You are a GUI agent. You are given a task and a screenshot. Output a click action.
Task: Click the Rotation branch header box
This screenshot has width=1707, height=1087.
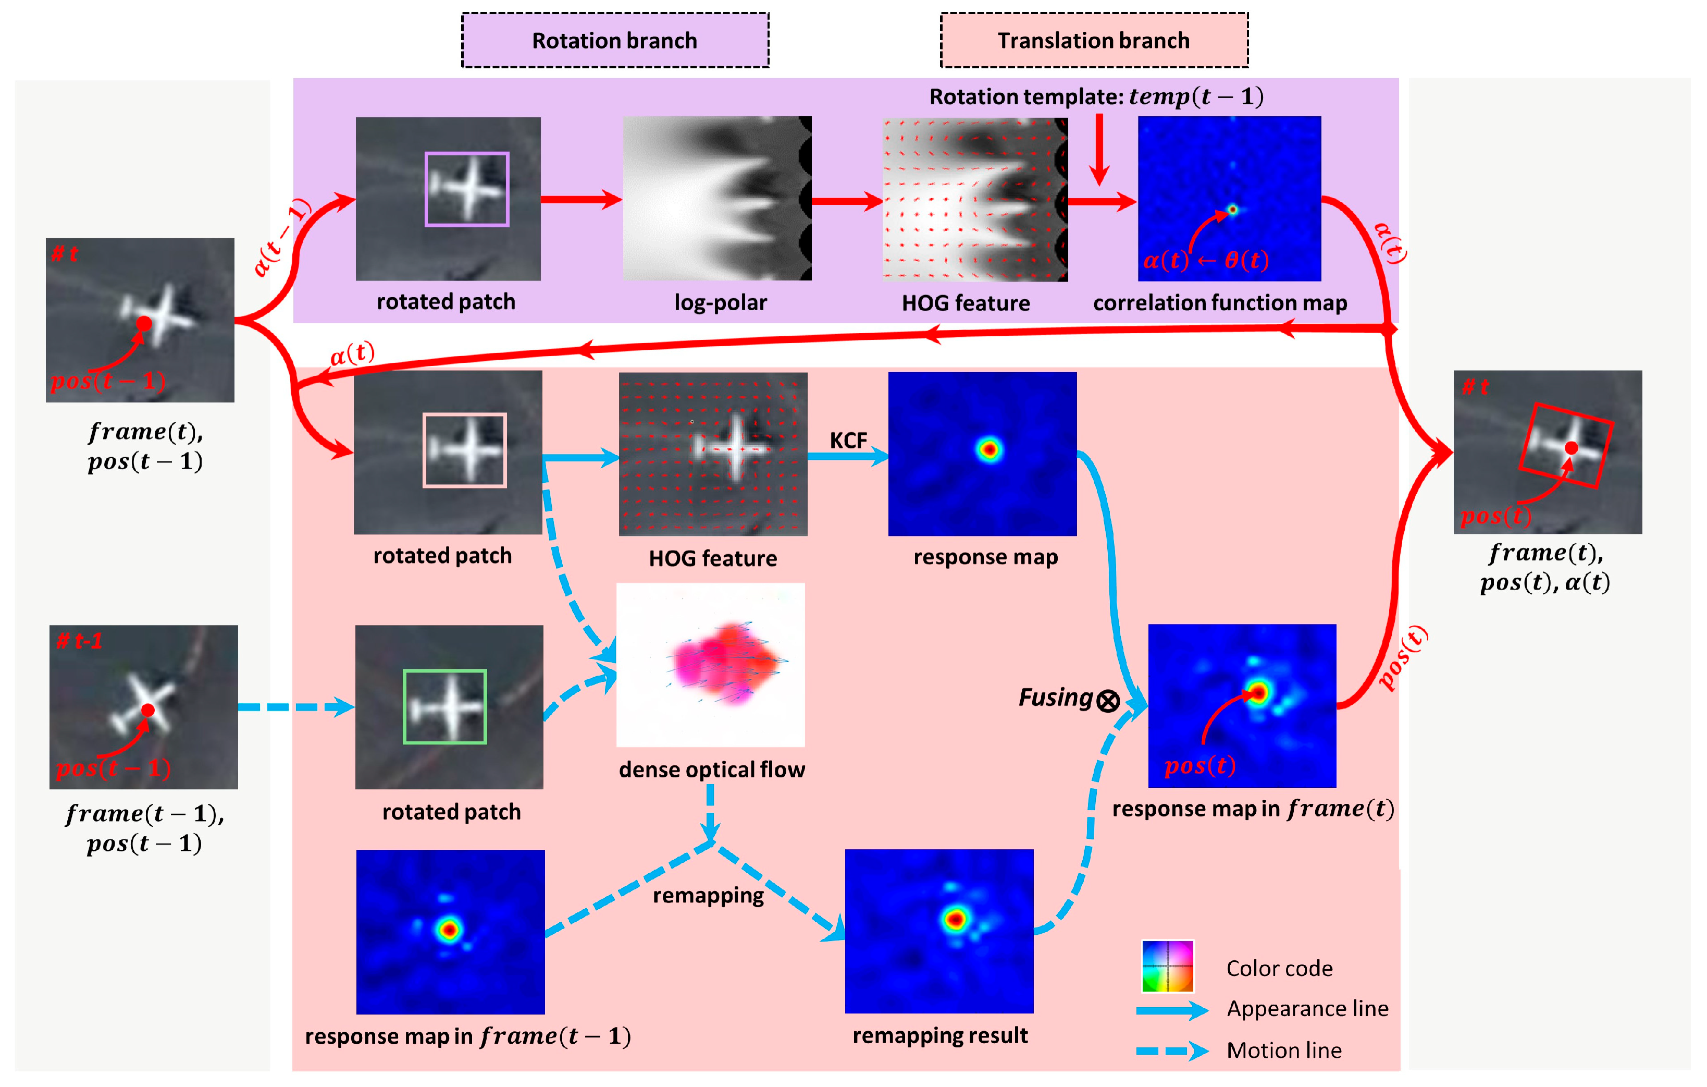(615, 41)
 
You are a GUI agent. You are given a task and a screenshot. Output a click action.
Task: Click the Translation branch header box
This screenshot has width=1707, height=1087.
(1094, 41)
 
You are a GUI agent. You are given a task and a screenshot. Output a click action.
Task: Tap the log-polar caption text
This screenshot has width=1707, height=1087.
(720, 303)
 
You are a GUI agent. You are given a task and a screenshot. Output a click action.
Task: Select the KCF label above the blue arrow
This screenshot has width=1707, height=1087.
(848, 441)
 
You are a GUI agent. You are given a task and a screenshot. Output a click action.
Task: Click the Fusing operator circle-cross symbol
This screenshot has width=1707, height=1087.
(1108, 701)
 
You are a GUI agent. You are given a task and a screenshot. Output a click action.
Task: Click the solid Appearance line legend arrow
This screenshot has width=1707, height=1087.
(1172, 1010)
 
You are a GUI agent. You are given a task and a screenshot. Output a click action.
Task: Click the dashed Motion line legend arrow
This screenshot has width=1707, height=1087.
(1172, 1051)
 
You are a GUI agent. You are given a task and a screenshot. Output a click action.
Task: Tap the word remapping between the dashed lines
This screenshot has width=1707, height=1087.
(708, 896)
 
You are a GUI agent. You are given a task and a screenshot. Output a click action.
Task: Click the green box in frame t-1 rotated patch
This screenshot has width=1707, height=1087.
(444, 706)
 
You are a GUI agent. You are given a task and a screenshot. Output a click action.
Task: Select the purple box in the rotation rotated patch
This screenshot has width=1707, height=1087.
(466, 189)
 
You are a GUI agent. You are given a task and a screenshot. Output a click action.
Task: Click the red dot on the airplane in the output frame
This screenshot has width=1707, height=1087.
(1572, 447)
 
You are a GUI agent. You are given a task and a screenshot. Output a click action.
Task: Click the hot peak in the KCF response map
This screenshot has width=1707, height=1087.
(989, 449)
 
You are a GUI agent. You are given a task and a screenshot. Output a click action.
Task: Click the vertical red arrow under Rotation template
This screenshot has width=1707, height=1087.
(1099, 149)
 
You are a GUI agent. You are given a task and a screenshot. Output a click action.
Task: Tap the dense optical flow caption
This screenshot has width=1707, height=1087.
(712, 770)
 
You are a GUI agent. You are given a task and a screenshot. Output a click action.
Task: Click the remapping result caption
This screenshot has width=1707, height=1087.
(940, 1035)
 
